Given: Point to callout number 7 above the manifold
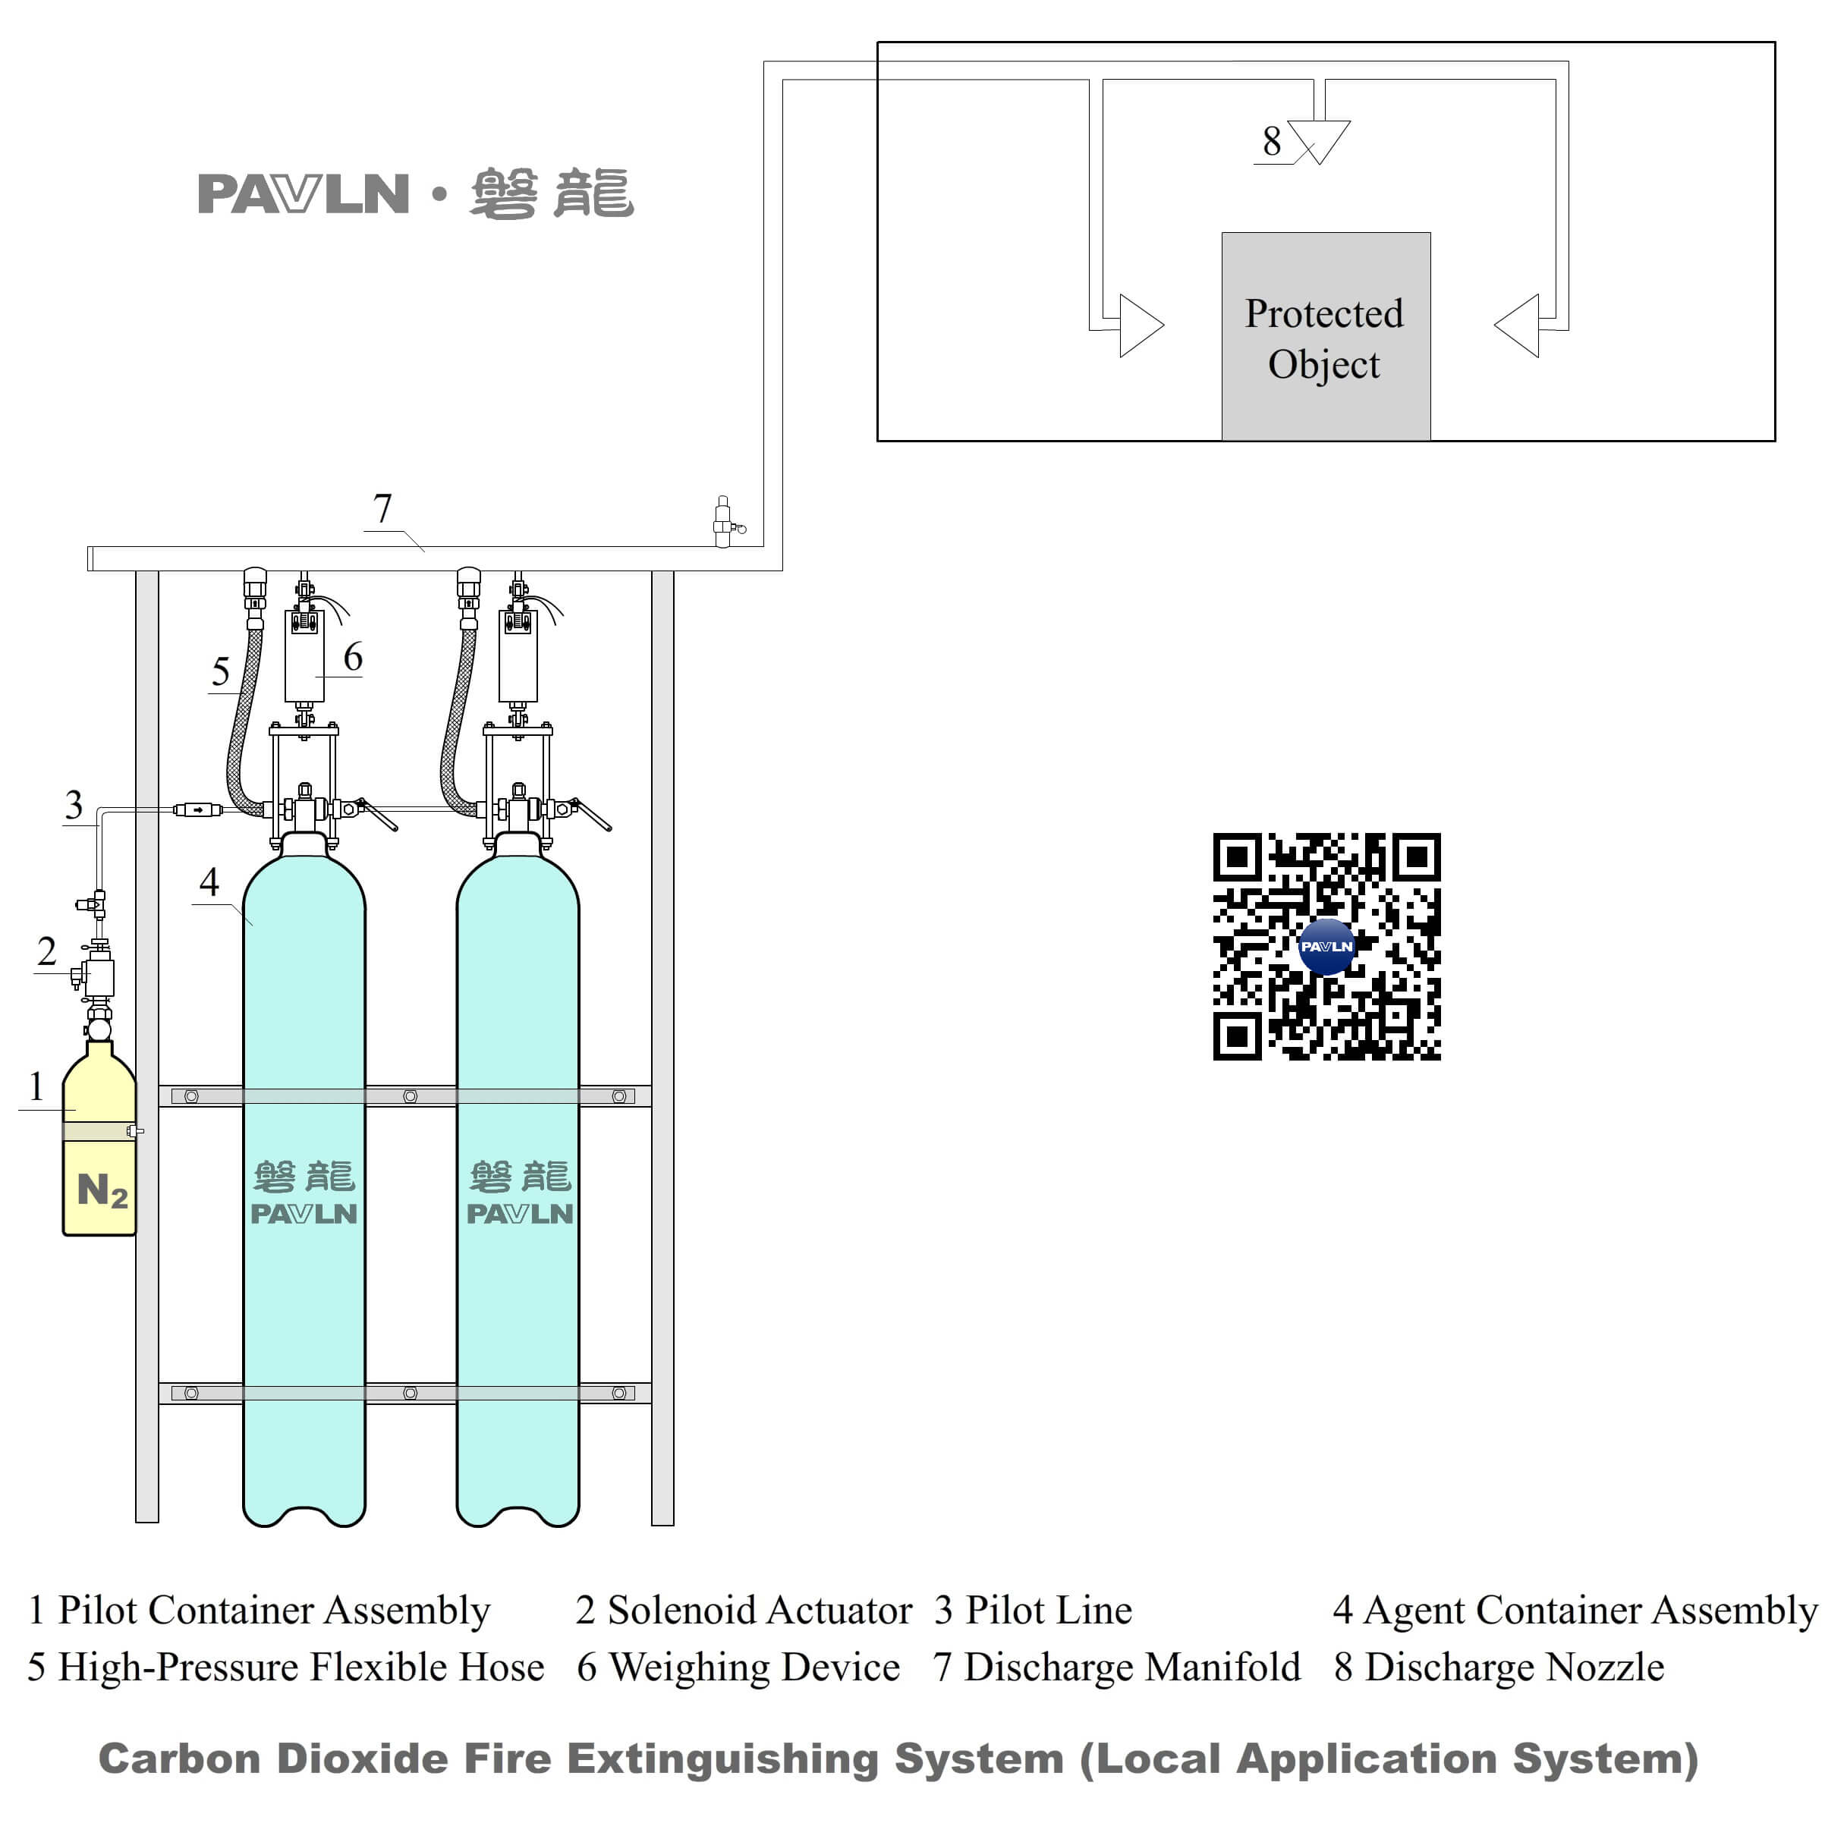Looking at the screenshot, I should point(382,508).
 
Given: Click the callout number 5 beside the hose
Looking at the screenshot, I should point(220,671).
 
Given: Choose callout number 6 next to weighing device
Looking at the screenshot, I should point(353,657).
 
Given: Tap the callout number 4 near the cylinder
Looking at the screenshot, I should point(209,881).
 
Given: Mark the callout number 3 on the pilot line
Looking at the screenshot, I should point(74,805).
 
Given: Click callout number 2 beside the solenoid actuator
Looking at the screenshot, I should point(46,951).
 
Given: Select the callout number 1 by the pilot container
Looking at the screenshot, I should point(36,1086).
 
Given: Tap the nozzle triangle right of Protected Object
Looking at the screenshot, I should point(1520,325).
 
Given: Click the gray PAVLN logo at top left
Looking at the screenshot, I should point(303,194).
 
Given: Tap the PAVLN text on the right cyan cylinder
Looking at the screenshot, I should point(519,1214).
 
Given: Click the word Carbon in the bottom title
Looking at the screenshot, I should point(179,1759).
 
